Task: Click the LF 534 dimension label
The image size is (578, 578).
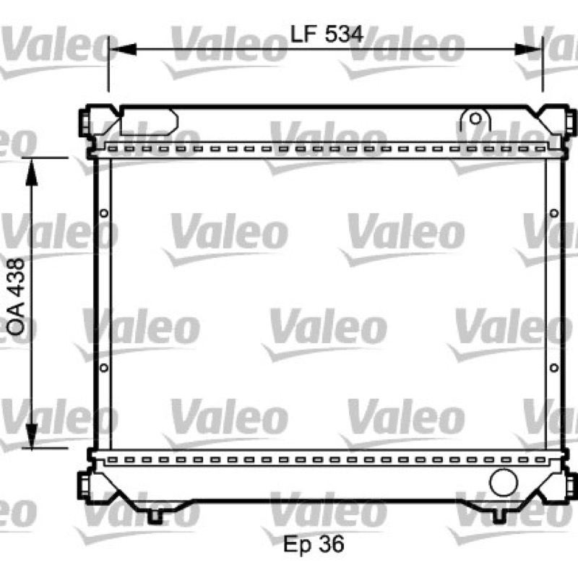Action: [x=327, y=34]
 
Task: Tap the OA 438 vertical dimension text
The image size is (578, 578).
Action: [x=17, y=297]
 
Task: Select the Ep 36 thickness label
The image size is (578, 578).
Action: [x=314, y=544]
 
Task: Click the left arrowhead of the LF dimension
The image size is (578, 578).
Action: [x=123, y=49]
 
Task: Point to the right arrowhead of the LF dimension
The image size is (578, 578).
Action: [x=528, y=49]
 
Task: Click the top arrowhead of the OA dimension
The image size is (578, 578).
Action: [x=32, y=172]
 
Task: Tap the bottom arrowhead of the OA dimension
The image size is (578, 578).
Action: [x=32, y=436]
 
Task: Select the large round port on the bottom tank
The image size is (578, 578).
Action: [x=504, y=482]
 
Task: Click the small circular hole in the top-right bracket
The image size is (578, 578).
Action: [x=475, y=118]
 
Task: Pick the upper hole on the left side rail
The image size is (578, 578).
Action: [x=104, y=213]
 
